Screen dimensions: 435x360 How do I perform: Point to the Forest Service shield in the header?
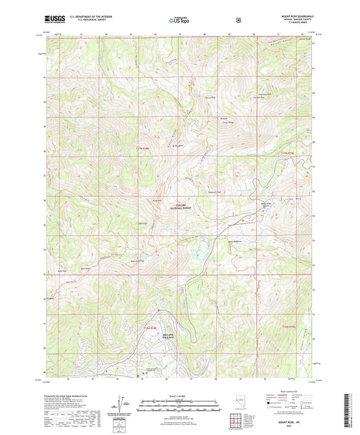(x=238, y=20)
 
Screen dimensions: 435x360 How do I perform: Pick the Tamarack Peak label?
(x=213, y=184)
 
